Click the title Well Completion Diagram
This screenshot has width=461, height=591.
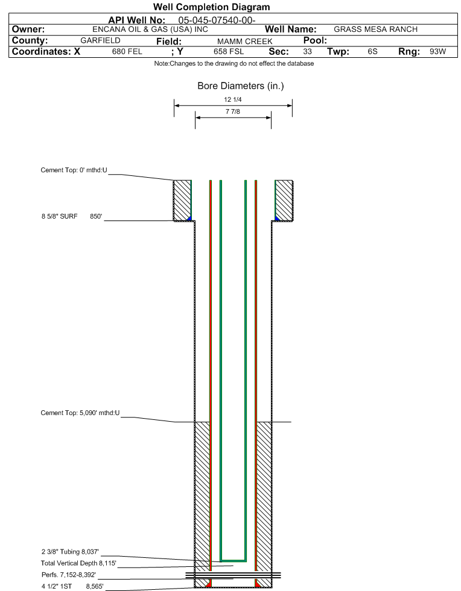pos(211,7)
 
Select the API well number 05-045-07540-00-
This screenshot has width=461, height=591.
pos(217,20)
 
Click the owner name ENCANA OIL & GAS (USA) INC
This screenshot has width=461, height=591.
pos(150,30)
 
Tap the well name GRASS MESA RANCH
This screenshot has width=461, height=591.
pos(376,30)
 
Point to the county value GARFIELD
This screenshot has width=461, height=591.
pos(100,40)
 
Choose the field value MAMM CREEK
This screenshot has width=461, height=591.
pos(244,41)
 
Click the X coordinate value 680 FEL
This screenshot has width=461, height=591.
pos(127,51)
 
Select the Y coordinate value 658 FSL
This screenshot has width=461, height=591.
pos(229,51)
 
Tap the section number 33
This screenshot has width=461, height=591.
pos(307,51)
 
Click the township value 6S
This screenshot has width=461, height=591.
pos(373,51)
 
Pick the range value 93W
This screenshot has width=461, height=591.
pos(437,51)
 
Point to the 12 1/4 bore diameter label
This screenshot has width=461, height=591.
pos(232,99)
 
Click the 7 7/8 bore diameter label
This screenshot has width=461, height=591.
pos(232,111)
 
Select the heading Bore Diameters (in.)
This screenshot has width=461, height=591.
pos(241,86)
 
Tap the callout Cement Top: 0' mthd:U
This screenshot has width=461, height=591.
pos(74,170)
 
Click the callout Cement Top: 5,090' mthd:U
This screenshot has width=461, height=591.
pos(80,413)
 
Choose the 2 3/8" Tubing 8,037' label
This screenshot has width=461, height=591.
pos(70,552)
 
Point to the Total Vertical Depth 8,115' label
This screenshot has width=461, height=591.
pos(78,563)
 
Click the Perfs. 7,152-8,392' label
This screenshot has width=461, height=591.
pos(69,575)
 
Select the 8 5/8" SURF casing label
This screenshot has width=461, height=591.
pos(59,216)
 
